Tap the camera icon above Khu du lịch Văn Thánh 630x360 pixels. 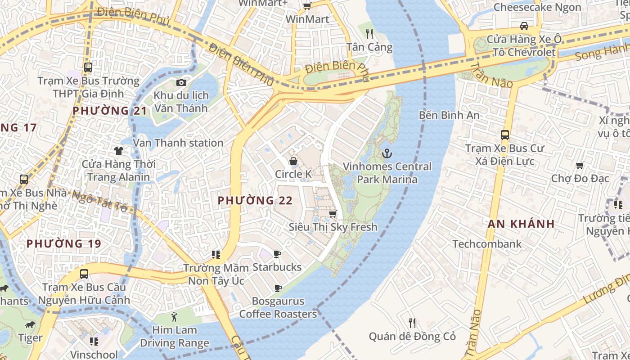pyautogui.click(x=181, y=82)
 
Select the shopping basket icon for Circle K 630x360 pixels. pyautogui.click(x=293, y=161)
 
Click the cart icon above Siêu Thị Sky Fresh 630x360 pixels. pyautogui.click(x=333, y=214)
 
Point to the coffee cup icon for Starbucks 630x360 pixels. pyautogui.click(x=277, y=254)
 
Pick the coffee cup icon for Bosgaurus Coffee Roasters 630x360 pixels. pyautogui.click(x=278, y=288)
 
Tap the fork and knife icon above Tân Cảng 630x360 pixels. pyautogui.click(x=369, y=34)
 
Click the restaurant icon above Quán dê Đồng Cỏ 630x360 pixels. pyautogui.click(x=412, y=323)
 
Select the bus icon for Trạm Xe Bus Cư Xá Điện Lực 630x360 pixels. pyautogui.click(x=505, y=135)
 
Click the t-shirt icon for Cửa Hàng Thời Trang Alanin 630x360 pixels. pyautogui.click(x=119, y=151)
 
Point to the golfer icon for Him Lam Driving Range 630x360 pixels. pyautogui.click(x=175, y=317)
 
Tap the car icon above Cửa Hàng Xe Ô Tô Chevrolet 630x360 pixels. pyautogui.click(x=524, y=26)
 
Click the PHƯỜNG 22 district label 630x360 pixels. pyautogui.click(x=255, y=201)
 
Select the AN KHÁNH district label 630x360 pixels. pyautogui.click(x=521, y=224)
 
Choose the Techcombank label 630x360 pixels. pyautogui.click(x=487, y=244)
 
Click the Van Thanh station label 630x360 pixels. pyautogui.click(x=179, y=143)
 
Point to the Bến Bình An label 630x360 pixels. pyautogui.click(x=449, y=115)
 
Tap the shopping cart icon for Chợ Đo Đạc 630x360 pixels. pyautogui.click(x=580, y=165)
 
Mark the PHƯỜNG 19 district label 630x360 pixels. pyautogui.click(x=64, y=244)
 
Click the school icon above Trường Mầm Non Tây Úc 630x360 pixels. pyautogui.click(x=216, y=255)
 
